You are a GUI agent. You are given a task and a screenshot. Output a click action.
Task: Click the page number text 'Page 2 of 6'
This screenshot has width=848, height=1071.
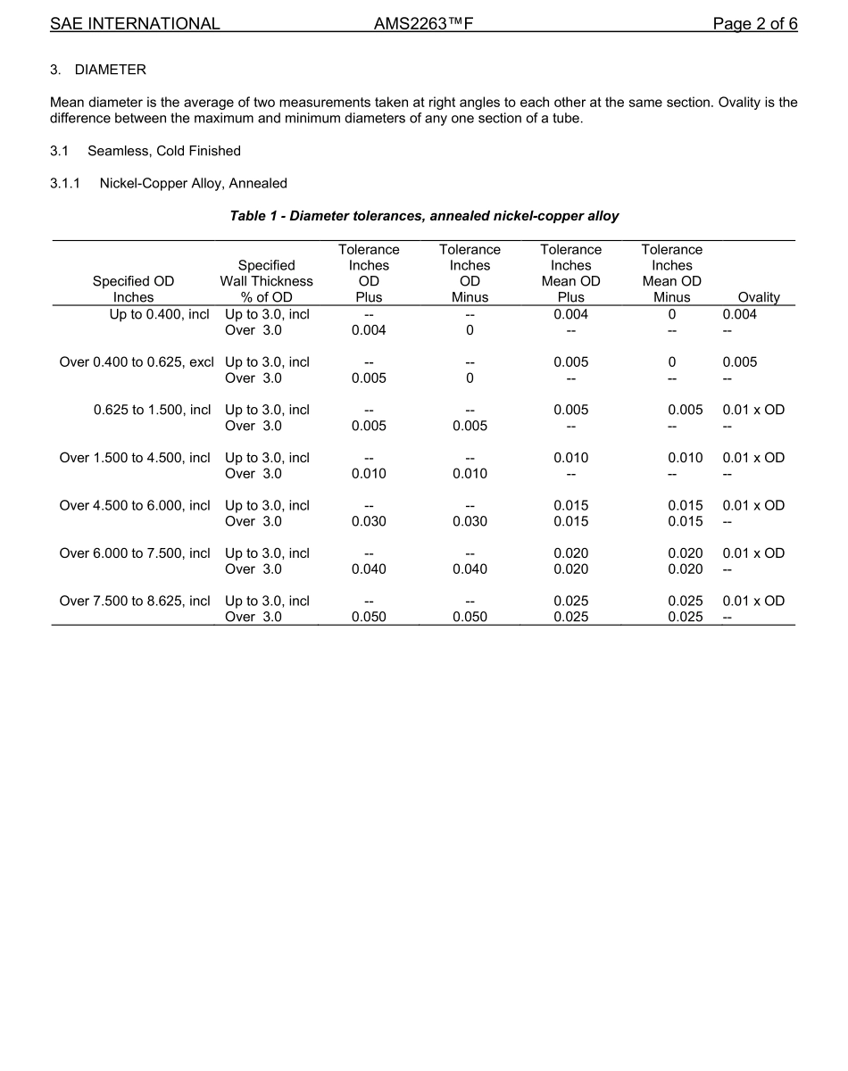(754, 24)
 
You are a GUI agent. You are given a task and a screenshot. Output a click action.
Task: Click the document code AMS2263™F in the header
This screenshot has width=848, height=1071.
(423, 24)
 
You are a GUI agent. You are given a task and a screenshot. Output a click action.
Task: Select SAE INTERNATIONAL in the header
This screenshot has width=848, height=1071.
(135, 24)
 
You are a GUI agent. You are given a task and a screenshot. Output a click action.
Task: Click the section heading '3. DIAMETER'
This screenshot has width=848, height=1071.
(98, 70)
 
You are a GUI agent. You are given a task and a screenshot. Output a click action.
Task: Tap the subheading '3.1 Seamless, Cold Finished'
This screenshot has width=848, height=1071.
(145, 151)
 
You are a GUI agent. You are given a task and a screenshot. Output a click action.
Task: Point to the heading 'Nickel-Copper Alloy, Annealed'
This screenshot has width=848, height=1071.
(193, 184)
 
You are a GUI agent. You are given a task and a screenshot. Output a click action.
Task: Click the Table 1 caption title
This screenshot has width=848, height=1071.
(424, 216)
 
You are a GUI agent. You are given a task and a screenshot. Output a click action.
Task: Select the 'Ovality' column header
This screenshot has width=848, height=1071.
(759, 297)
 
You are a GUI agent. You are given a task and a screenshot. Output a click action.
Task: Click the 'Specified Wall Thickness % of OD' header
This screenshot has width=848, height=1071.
(266, 281)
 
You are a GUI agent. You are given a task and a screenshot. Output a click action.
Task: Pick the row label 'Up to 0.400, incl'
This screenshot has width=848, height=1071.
(160, 314)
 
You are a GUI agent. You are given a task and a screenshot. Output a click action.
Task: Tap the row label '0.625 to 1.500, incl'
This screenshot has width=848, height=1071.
(152, 410)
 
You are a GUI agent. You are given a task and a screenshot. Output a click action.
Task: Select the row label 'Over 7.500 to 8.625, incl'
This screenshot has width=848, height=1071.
(135, 601)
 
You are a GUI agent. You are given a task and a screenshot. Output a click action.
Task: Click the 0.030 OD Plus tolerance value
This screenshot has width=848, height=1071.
(369, 521)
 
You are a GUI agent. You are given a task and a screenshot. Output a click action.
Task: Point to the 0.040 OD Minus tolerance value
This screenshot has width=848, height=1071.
(470, 569)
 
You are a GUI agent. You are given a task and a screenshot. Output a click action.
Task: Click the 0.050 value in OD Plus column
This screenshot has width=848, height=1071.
(369, 618)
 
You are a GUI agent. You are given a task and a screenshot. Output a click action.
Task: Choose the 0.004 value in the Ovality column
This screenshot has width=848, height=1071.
(739, 314)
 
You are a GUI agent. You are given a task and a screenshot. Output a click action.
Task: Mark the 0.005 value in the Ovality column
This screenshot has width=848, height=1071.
(739, 362)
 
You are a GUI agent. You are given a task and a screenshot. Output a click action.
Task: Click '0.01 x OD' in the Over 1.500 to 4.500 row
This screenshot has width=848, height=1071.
(753, 458)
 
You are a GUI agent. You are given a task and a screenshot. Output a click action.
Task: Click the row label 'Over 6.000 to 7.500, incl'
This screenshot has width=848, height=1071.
(135, 553)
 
